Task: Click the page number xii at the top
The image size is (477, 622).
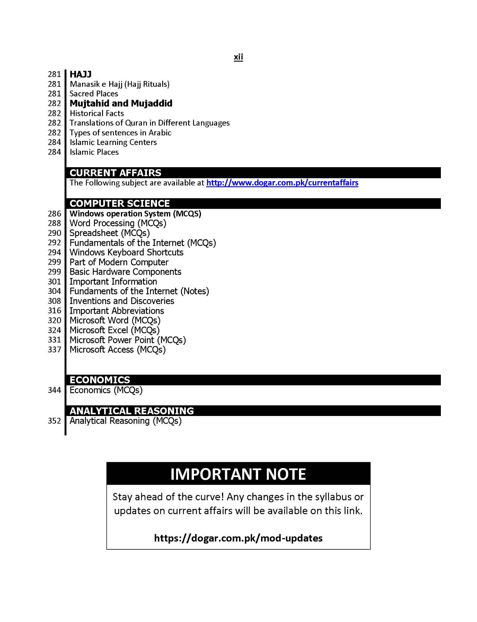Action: pos(238,57)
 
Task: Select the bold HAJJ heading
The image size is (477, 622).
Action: pos(80,74)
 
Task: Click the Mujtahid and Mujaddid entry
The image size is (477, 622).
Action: pos(121,103)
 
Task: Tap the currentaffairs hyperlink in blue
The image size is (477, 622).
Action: pos(282,183)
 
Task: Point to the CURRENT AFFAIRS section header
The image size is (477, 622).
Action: pos(115,173)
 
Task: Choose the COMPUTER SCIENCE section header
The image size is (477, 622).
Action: pos(120,203)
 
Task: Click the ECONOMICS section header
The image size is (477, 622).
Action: pos(100,380)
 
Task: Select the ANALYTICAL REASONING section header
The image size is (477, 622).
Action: pos(132,411)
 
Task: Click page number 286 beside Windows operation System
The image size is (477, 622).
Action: pos(55,213)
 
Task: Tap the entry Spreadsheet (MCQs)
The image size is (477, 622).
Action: pos(110,233)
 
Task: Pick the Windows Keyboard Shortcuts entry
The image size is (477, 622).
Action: pos(126,252)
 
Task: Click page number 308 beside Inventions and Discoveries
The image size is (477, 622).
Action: pos(55,301)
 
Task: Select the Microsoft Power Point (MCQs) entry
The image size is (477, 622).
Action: pos(128,340)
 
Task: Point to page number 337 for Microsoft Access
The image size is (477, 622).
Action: pos(55,349)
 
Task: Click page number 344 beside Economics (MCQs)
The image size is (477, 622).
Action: pos(55,390)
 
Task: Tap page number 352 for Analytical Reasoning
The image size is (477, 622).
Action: pos(55,421)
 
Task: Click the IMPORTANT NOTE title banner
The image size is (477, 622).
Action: pos(238,474)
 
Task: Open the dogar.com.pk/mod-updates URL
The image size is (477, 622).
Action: pos(238,538)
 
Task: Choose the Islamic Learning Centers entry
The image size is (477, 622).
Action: pos(113,142)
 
